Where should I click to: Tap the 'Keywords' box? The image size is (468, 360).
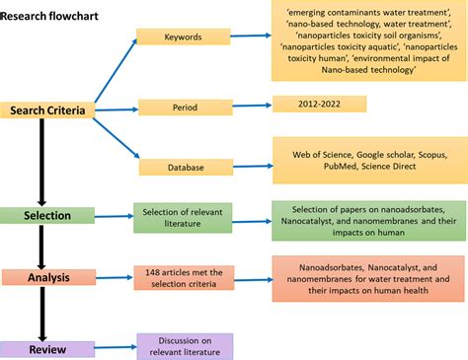point(183,36)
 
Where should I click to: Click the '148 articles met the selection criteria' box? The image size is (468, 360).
point(182,279)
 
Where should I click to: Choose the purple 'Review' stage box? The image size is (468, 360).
point(46,348)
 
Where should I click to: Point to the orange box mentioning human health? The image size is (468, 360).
point(368,277)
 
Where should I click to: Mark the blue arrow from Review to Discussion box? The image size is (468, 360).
point(114,347)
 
